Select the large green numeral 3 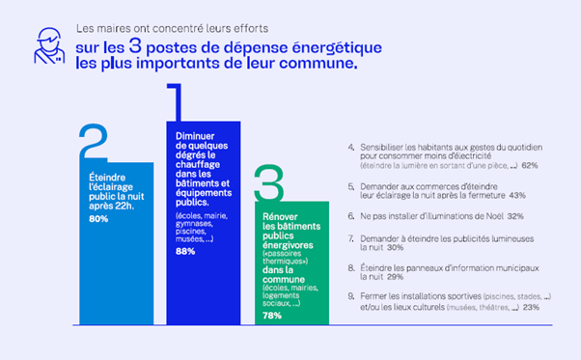(x=269, y=181)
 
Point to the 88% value (x=185, y=251)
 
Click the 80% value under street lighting (x=97, y=220)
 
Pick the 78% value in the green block (x=271, y=316)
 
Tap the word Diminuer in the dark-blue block (x=194, y=136)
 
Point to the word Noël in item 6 (x=465, y=216)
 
